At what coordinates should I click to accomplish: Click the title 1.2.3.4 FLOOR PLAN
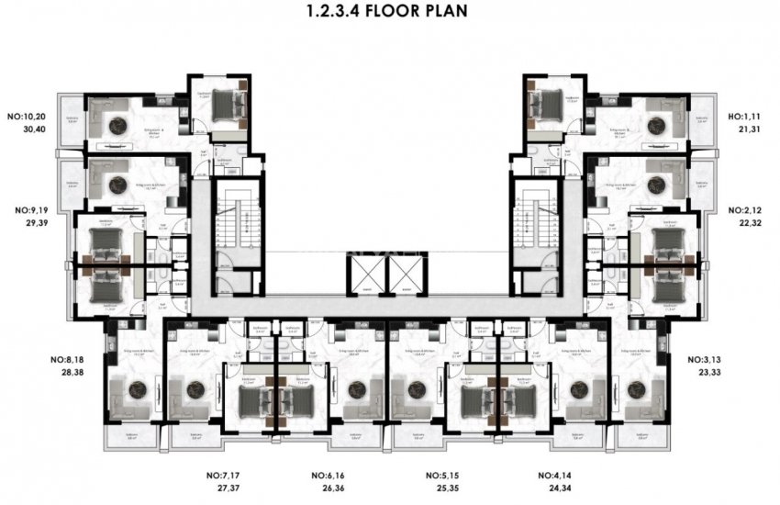tap(391, 13)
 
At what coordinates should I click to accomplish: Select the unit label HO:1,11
tap(746, 118)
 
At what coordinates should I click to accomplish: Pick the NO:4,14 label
tap(556, 476)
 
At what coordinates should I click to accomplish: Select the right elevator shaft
tap(407, 273)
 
